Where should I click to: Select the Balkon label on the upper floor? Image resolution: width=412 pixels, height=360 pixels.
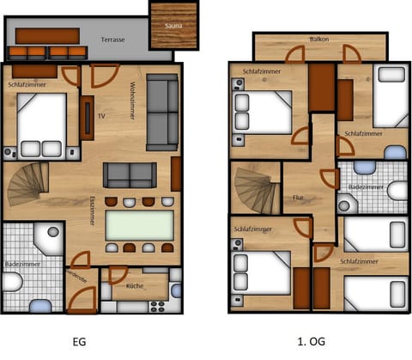coord(321,40)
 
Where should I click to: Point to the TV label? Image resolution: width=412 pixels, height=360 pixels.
coord(102,114)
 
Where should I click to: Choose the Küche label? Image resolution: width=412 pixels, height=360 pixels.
coord(135,285)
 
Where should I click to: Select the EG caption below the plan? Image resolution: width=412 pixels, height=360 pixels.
coord(80,341)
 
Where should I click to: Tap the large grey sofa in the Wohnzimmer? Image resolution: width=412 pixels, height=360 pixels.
coord(161,112)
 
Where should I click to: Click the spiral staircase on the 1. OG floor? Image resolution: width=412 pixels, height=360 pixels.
coord(257,190)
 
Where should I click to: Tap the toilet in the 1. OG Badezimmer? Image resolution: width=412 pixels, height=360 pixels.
coord(397,190)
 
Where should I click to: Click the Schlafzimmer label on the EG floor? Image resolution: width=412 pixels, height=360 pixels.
coord(28,85)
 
